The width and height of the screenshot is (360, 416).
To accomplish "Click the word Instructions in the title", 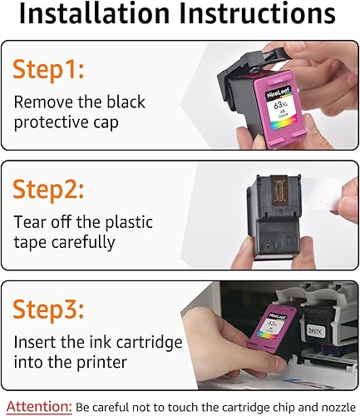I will click(x=254, y=17).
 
